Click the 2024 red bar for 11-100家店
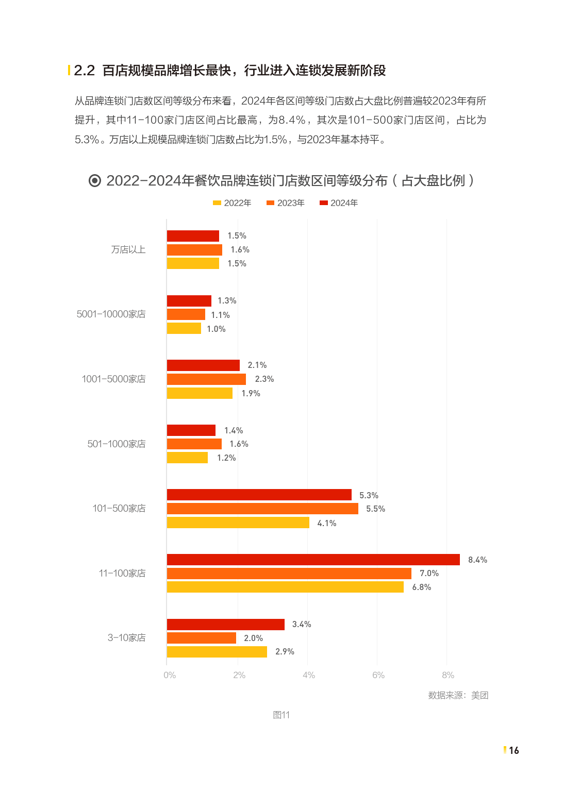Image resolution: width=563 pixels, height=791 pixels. tap(313, 560)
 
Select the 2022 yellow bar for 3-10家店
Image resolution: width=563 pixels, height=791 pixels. tap(217, 652)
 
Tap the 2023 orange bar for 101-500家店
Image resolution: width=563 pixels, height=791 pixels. tap(262, 509)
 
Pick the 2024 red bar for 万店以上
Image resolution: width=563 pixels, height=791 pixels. tap(193, 236)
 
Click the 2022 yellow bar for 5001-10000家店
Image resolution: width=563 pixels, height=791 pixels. tap(184, 329)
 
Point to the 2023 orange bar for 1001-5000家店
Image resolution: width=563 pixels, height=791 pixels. tap(206, 379)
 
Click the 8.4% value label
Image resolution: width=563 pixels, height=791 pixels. tap(477, 560)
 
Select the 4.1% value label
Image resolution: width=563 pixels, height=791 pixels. tap(326, 523)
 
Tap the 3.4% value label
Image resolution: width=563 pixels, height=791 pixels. tap(302, 624)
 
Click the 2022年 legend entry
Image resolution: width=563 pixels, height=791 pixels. tap(232, 203)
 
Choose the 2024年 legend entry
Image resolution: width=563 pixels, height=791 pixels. tap(339, 203)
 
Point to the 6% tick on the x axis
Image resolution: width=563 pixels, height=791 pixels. tap(378, 675)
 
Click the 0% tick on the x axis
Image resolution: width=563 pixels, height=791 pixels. tap(170, 675)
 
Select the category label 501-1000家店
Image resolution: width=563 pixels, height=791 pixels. tap(117, 444)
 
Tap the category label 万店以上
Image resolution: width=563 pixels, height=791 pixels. tap(128, 249)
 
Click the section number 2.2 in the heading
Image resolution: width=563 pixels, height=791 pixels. tap(85, 71)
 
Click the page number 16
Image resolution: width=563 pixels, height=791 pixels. tap(514, 750)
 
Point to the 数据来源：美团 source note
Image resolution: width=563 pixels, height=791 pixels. tap(458, 695)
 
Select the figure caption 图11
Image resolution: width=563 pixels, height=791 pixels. tap(281, 715)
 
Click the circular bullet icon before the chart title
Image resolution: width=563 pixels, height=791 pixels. tap(95, 180)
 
